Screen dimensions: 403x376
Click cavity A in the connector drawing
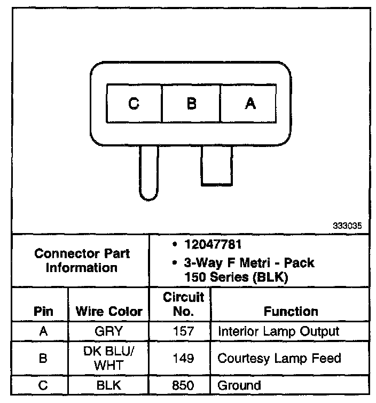249,104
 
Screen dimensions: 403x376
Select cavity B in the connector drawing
191,104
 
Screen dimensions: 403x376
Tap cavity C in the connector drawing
134,104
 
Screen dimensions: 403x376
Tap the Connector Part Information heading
82,260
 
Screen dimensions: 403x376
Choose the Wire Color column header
109,311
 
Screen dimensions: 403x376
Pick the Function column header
291,311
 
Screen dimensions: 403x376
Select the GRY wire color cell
109,331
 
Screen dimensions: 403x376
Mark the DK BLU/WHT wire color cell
109,358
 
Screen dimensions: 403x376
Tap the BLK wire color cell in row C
109,385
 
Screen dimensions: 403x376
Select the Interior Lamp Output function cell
278,331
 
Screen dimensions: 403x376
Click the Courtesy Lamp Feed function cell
279,358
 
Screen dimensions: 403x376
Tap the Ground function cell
239,385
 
